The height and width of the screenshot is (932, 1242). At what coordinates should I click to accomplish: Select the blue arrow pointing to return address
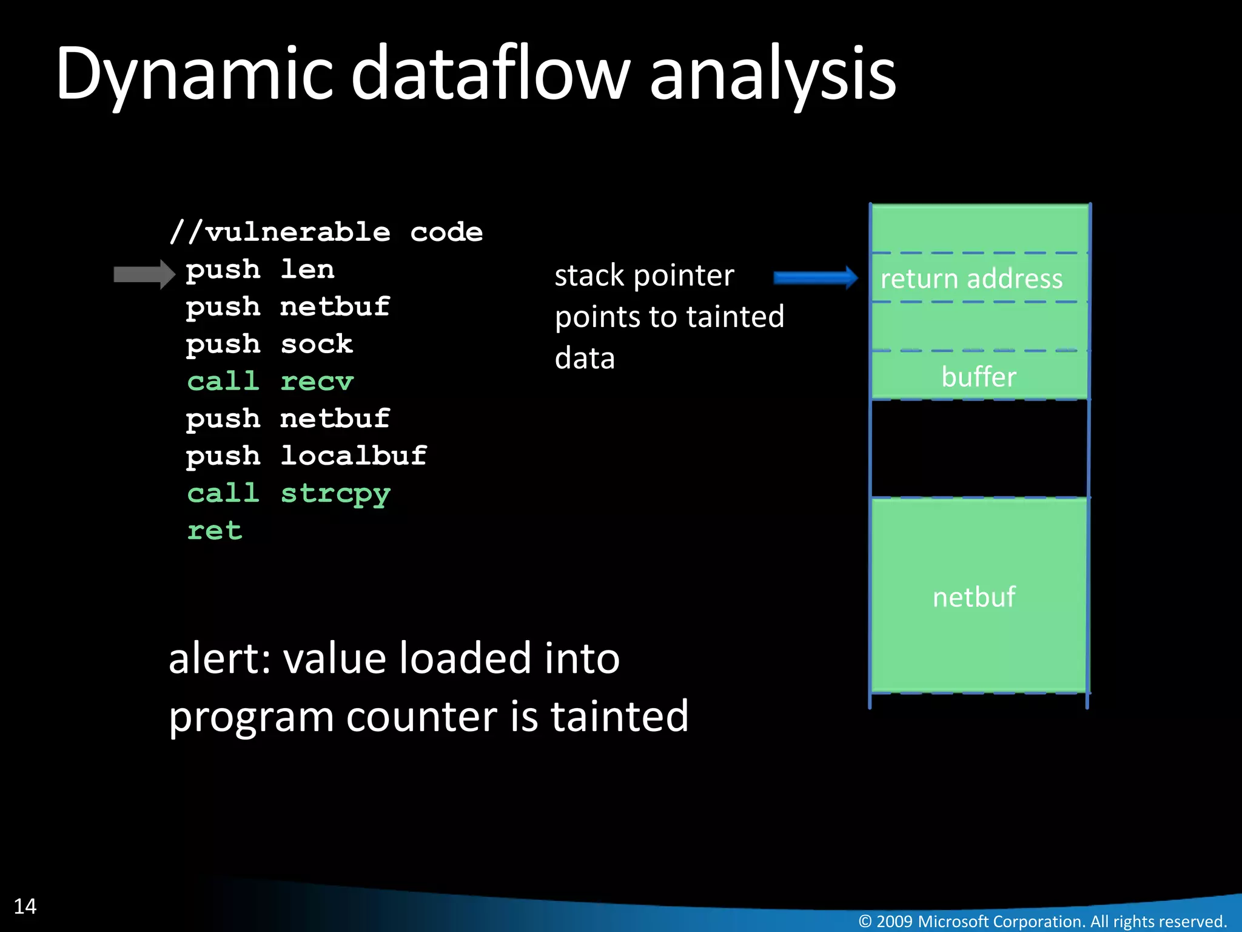[815, 278]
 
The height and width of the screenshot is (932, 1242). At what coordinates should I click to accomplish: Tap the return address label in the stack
[971, 279]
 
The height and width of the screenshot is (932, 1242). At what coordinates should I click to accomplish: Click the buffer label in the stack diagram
[978, 377]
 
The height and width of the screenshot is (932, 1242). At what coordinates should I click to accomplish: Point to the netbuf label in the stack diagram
[974, 597]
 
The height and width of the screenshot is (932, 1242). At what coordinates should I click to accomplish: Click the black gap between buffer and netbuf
[978, 449]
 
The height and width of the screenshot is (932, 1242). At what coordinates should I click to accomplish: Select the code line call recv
[270, 382]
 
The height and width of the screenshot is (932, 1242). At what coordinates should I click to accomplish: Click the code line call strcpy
[289, 493]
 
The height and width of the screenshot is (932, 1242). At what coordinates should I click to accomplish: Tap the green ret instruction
[215, 531]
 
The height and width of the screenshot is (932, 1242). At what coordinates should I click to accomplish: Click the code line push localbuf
[306, 456]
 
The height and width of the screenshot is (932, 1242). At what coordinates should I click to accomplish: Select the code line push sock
[269, 344]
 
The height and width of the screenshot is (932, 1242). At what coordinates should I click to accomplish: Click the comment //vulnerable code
[326, 232]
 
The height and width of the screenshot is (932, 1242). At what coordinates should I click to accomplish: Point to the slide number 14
[25, 906]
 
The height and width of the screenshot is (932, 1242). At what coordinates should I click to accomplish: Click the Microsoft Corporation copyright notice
[1042, 921]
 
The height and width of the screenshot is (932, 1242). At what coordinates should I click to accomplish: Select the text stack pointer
[644, 275]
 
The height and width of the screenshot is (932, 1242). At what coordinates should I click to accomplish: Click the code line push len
[260, 269]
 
